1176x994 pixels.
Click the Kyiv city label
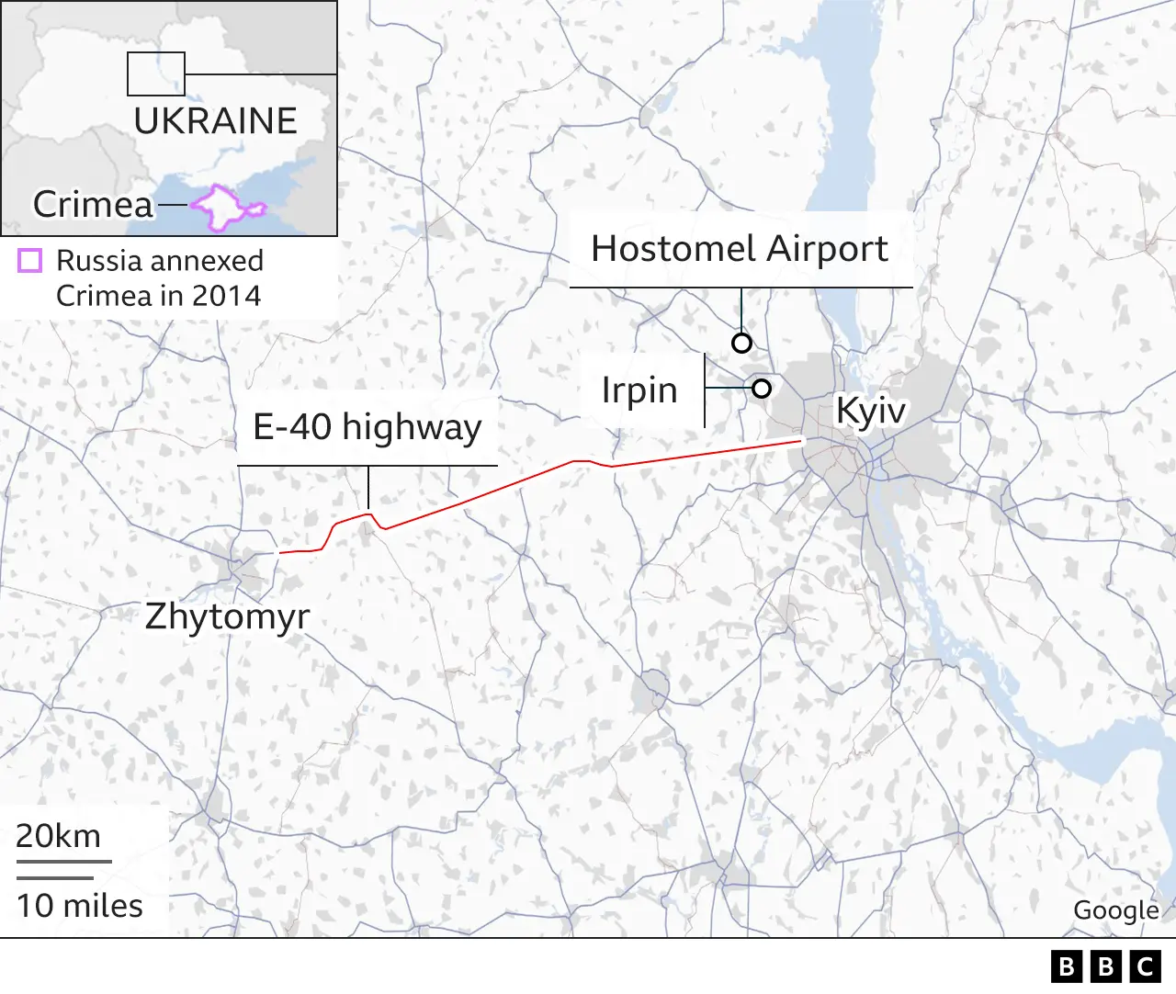pyautogui.click(x=869, y=411)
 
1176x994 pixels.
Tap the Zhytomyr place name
pyautogui.click(x=227, y=616)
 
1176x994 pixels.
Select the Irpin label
pyautogui.click(x=639, y=390)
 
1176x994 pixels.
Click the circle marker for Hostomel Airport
pyautogui.click(x=741, y=343)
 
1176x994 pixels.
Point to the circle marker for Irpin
pyautogui.click(x=761, y=388)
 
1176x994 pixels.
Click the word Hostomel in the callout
pyautogui.click(x=673, y=249)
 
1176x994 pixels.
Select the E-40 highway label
pyautogui.click(x=367, y=427)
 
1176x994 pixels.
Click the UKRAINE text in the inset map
pyautogui.click(x=215, y=121)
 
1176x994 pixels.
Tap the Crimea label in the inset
pyautogui.click(x=93, y=204)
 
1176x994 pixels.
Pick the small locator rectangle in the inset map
pyautogui.click(x=156, y=74)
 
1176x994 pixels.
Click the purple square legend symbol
pyautogui.click(x=30, y=261)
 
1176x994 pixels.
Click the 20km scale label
pyautogui.click(x=58, y=836)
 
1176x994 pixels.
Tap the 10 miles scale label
pyautogui.click(x=80, y=906)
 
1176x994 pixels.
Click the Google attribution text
pyautogui.click(x=1116, y=910)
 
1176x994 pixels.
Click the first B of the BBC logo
pyautogui.click(x=1066, y=966)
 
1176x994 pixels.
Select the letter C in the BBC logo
pyautogui.click(x=1146, y=966)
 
